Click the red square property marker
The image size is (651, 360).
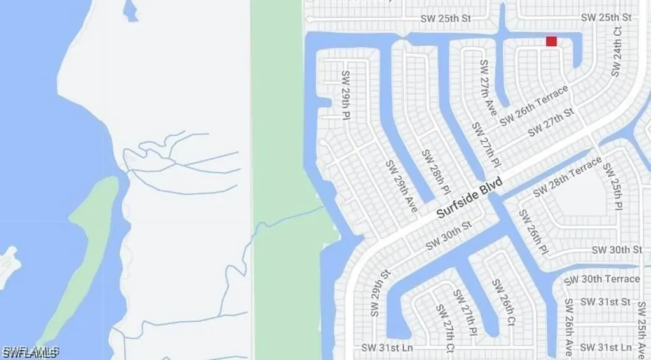tap(551, 41)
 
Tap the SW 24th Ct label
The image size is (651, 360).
tap(616, 52)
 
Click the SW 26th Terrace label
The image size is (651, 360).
tap(534, 106)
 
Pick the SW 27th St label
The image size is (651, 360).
tap(551, 121)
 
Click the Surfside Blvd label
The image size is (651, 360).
tap(470, 198)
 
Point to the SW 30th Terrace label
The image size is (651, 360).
tap(601, 279)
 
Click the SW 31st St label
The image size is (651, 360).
tap(605, 301)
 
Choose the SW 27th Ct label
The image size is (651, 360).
tap(444, 328)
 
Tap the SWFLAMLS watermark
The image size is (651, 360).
tap(31, 352)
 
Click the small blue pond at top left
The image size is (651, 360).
tap(130, 11)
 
